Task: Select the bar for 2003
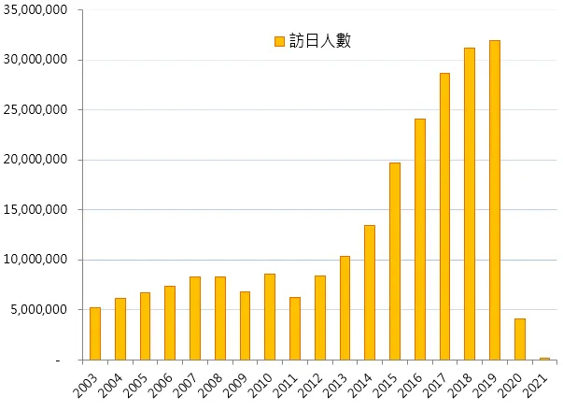click(x=95, y=333)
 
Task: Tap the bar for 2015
click(x=395, y=262)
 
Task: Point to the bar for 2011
click(x=295, y=328)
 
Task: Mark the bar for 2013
click(x=345, y=307)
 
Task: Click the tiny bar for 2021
click(x=545, y=359)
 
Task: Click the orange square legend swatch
click(x=278, y=41)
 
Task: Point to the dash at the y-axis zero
click(x=58, y=361)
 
